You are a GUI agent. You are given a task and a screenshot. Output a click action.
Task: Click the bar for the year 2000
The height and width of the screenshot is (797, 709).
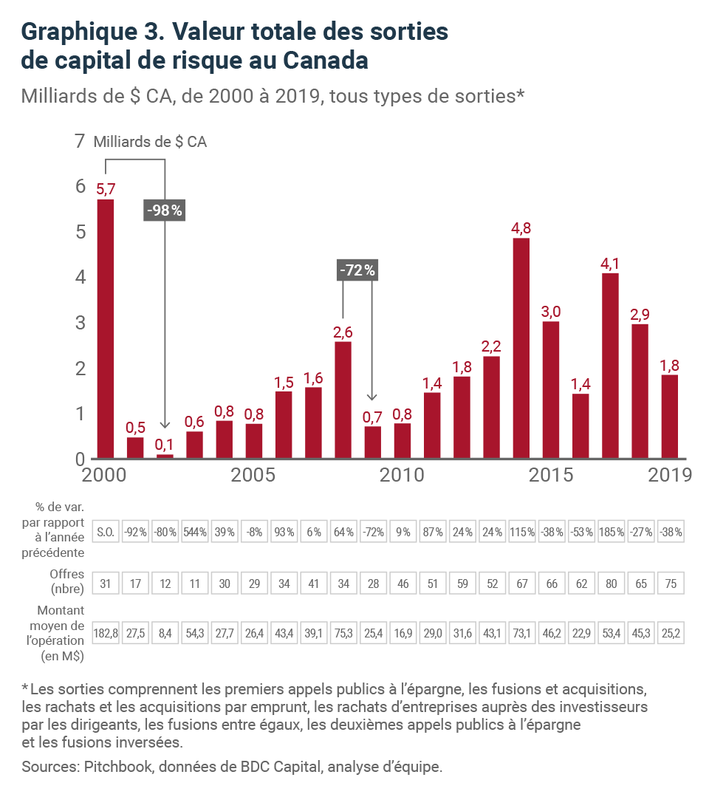pyautogui.click(x=105, y=329)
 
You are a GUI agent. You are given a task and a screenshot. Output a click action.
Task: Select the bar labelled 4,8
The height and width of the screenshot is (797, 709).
pyautogui.click(x=521, y=348)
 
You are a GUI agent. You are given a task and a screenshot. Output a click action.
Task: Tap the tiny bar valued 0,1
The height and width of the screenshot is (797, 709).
pyautogui.click(x=165, y=456)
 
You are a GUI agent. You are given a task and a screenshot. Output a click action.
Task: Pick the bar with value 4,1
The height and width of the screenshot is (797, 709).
pyautogui.click(x=610, y=366)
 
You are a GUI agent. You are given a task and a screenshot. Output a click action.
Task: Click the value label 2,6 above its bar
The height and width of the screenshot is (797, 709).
pyautogui.click(x=343, y=332)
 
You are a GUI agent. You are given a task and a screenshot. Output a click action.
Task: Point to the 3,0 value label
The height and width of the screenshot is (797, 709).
pyautogui.click(x=550, y=312)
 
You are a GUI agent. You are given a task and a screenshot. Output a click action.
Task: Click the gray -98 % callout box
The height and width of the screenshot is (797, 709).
pyautogui.click(x=164, y=210)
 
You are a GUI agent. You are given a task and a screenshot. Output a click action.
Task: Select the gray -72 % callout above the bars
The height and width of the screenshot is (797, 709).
pyautogui.click(x=357, y=270)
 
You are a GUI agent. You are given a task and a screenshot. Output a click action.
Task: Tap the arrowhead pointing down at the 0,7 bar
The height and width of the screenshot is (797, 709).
pyautogui.click(x=372, y=397)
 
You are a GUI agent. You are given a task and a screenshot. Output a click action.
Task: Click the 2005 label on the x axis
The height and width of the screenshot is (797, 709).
pyautogui.click(x=253, y=475)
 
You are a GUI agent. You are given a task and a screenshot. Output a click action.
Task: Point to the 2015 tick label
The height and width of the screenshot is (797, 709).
pyautogui.click(x=550, y=475)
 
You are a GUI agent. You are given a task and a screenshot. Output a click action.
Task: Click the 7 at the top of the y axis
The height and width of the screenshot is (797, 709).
pyautogui.click(x=80, y=141)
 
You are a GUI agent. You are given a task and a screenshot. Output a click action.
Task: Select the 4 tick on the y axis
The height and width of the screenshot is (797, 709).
pyautogui.click(x=81, y=277)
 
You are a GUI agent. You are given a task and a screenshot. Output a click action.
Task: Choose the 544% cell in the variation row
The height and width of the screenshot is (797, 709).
pyautogui.click(x=195, y=532)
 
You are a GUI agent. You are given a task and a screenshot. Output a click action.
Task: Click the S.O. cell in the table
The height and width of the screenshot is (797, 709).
pyautogui.click(x=105, y=532)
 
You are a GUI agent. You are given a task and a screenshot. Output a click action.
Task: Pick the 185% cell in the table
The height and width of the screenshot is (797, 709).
pyautogui.click(x=612, y=532)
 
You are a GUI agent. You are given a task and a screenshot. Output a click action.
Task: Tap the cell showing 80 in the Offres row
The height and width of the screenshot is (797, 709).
pyautogui.click(x=612, y=583)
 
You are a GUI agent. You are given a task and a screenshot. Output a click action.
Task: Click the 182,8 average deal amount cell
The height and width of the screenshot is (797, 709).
pyautogui.click(x=105, y=633)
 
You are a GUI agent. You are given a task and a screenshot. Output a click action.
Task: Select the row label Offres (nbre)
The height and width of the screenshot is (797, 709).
pyautogui.click(x=67, y=581)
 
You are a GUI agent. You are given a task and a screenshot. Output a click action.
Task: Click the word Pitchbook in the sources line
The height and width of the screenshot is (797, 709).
pyautogui.click(x=118, y=767)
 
